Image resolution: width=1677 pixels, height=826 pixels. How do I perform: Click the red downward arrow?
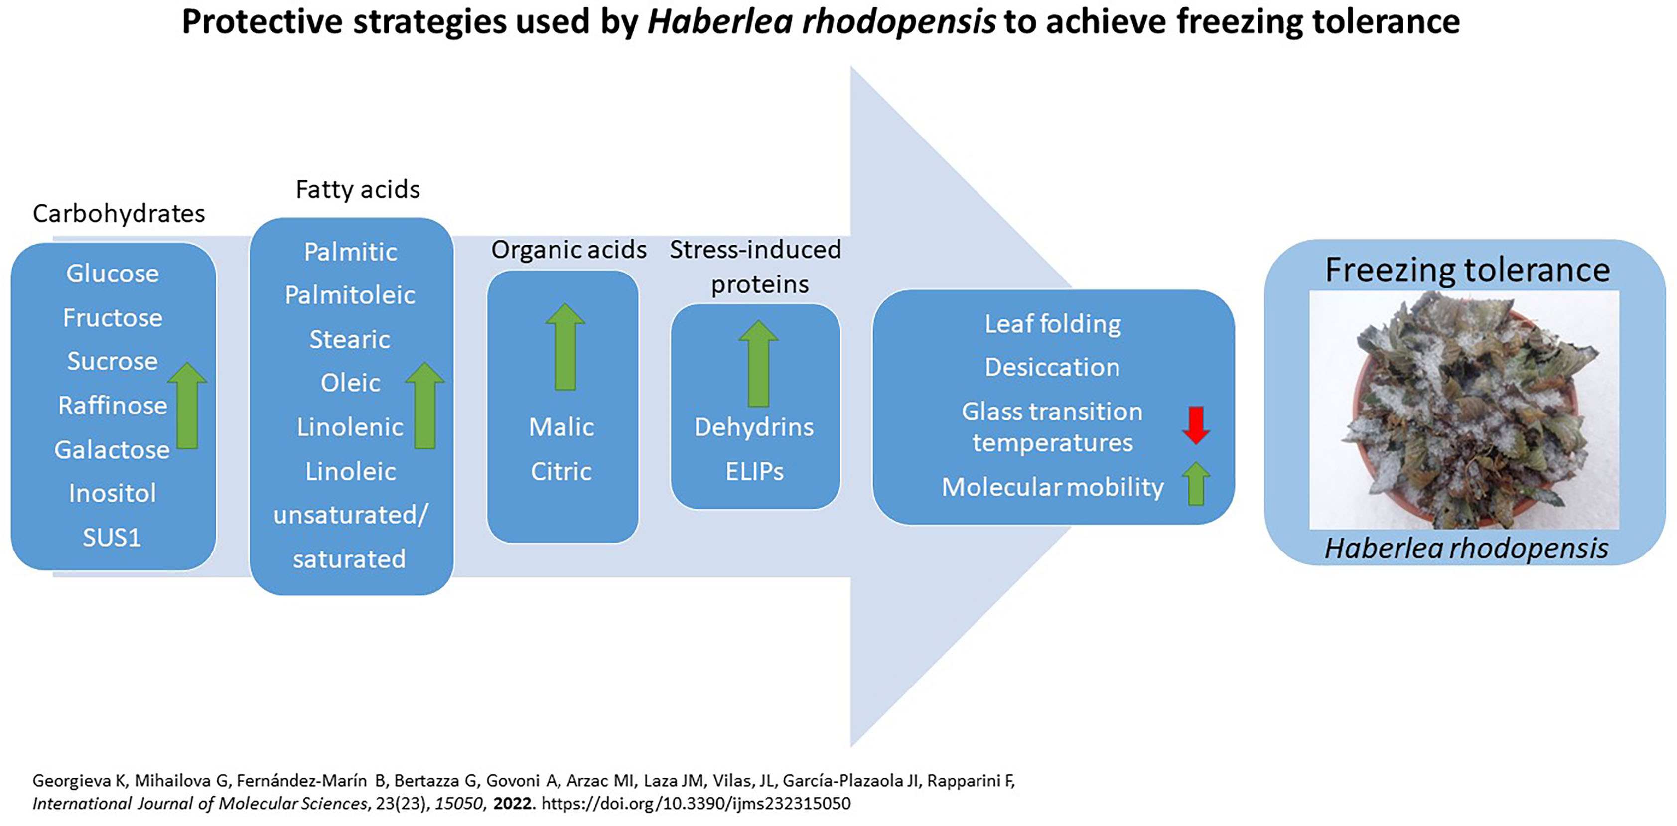(x=1196, y=425)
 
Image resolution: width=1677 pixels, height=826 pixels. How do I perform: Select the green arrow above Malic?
(x=565, y=347)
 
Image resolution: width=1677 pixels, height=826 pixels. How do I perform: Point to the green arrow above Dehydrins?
(x=758, y=363)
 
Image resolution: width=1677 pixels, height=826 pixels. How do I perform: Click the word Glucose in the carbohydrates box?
(x=113, y=274)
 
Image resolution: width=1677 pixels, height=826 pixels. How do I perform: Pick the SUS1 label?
(x=112, y=538)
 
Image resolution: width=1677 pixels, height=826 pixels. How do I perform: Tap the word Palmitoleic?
(x=350, y=295)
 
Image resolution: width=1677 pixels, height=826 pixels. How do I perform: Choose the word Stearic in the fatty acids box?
(x=350, y=340)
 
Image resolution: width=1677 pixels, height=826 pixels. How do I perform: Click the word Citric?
(x=561, y=471)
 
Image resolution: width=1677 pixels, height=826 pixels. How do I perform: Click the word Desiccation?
(x=1053, y=367)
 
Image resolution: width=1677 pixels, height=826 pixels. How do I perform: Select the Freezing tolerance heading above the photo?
(x=1467, y=270)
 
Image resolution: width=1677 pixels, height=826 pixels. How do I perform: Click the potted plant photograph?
(x=1464, y=410)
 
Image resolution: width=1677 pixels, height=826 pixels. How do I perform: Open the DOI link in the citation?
(x=696, y=803)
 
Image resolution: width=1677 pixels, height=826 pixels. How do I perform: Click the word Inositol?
(x=113, y=493)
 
